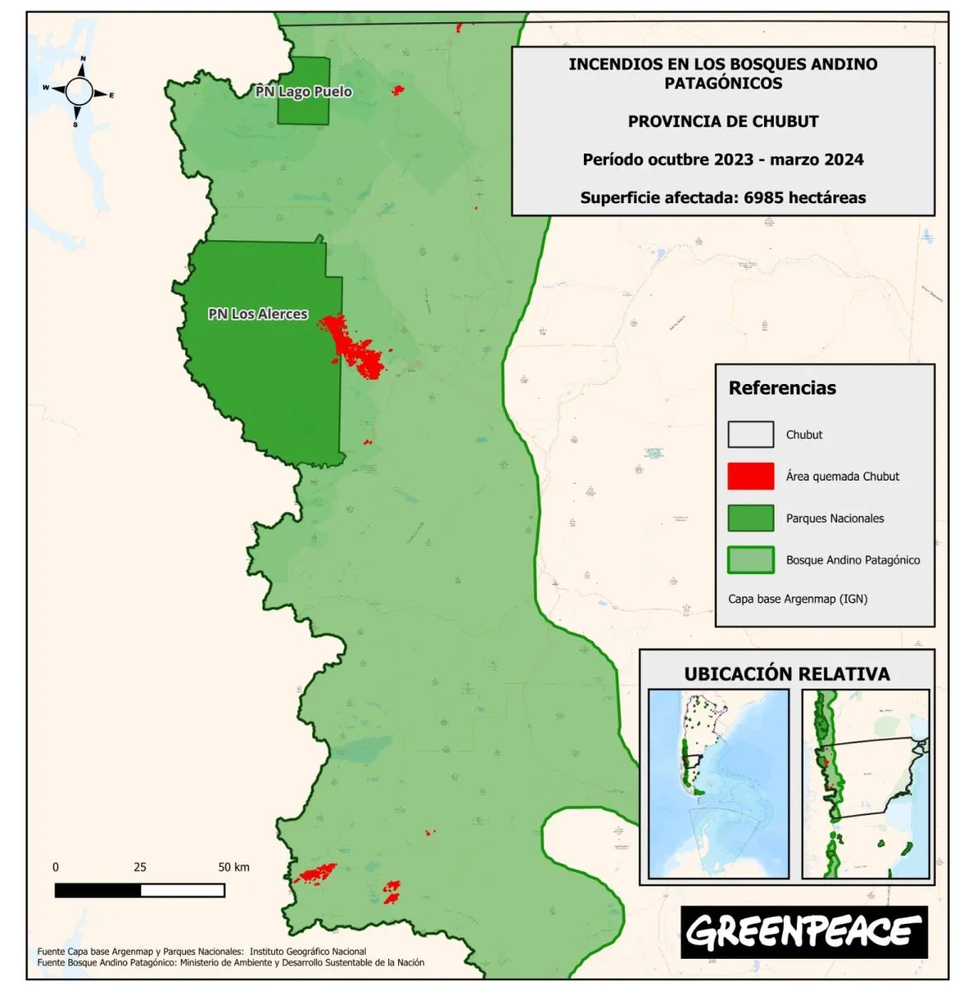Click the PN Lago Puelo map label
303,92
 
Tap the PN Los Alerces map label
258,314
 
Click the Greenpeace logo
804,932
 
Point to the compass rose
79,92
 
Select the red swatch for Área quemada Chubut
750,477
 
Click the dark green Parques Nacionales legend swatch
750,519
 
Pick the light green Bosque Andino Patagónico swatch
750,560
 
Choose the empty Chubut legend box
750,434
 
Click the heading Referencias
781,388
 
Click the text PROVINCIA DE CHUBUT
723,121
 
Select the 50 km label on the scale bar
234,867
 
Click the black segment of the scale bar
97,890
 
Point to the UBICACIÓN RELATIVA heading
786,674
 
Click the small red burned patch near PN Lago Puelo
398,89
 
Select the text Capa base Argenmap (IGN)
797,599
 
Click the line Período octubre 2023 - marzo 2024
723,159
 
